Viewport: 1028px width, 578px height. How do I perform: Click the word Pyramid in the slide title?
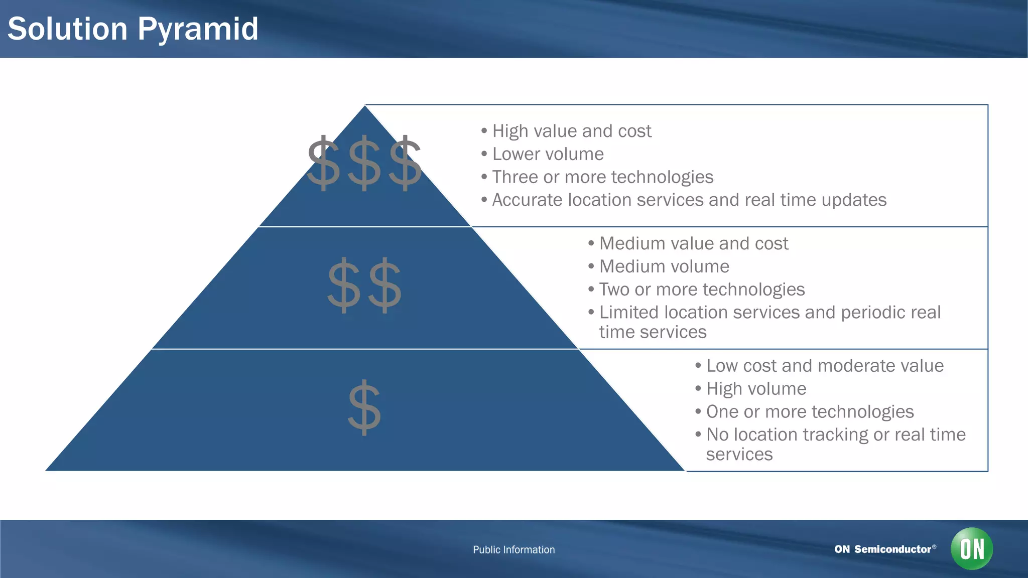tap(198, 29)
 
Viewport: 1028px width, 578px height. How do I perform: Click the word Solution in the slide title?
tap(68, 29)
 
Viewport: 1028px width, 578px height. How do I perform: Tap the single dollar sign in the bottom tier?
tap(364, 407)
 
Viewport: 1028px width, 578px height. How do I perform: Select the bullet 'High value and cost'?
tap(571, 131)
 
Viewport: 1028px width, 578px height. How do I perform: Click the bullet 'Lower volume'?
tap(548, 154)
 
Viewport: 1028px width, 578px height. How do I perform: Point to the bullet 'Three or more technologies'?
tap(602, 177)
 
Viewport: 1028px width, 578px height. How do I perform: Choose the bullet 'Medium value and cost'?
tap(693, 243)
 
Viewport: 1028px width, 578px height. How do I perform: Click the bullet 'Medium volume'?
tap(664, 266)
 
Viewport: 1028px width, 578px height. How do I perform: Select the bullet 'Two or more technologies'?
tap(702, 290)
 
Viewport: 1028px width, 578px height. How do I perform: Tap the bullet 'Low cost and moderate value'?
tap(824, 366)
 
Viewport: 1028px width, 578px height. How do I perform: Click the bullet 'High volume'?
tap(756, 389)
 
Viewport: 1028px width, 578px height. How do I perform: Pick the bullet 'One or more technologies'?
tap(810, 412)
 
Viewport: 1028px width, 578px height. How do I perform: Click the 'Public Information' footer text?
tap(513, 550)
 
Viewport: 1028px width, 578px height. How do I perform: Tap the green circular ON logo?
tap(971, 549)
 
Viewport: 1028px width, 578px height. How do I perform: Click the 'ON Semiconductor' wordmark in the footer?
tap(883, 549)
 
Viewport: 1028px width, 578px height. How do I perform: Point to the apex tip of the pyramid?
tap(365, 107)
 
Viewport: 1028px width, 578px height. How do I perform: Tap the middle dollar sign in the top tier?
tap(364, 164)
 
